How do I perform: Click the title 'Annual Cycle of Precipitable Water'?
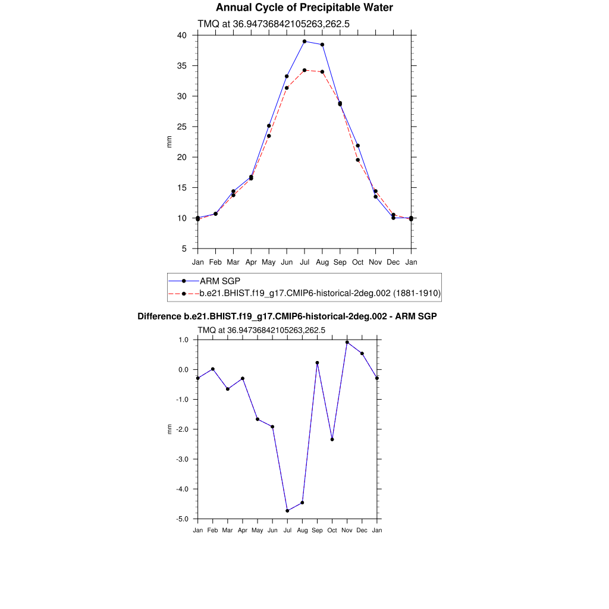pyautogui.click(x=304, y=8)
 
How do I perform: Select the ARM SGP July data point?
pyautogui.click(x=304, y=42)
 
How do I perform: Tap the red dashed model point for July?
pyautogui.click(x=304, y=70)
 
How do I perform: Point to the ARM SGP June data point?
pyautogui.click(x=287, y=76)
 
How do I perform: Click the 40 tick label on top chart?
pyautogui.click(x=181, y=36)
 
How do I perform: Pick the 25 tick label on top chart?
pyautogui.click(x=181, y=127)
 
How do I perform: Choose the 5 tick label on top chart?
pyautogui.click(x=184, y=249)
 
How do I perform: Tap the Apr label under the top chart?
pyautogui.click(x=251, y=262)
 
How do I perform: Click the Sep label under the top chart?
pyautogui.click(x=340, y=262)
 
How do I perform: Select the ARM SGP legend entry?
pyautogui.click(x=219, y=281)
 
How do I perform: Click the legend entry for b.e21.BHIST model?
pyautogui.click(x=320, y=293)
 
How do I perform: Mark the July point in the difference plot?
pyautogui.click(x=287, y=511)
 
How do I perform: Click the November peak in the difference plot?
pyautogui.click(x=347, y=342)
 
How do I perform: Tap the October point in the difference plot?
pyautogui.click(x=332, y=440)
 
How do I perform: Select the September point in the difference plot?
pyautogui.click(x=317, y=363)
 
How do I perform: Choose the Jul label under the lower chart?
pyautogui.click(x=287, y=530)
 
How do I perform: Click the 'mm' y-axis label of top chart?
pyautogui.click(x=169, y=142)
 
